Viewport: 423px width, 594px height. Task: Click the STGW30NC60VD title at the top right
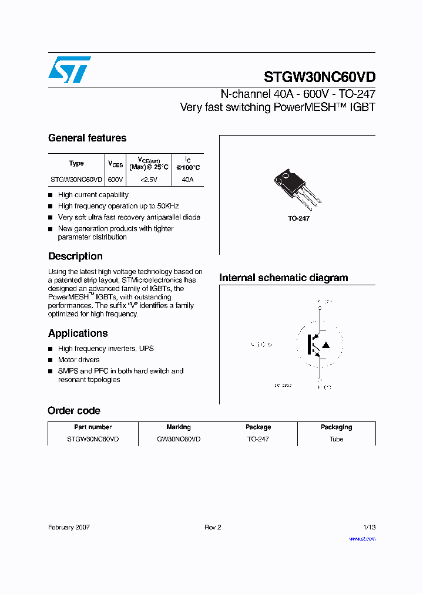[319, 77]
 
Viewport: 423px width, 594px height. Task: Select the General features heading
[87, 139]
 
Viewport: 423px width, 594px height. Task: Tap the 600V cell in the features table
[116, 180]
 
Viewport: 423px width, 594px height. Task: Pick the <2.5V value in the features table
[149, 180]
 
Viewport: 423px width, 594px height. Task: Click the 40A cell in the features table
[187, 180]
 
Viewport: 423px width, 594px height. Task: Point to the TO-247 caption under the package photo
[298, 218]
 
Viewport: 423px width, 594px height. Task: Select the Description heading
[75, 256]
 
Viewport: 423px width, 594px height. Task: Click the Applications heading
[78, 333]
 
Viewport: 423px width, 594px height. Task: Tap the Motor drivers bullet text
[79, 360]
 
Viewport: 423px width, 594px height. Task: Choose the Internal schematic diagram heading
[283, 278]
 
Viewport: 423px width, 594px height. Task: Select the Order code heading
[74, 411]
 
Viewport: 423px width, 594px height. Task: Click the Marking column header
[179, 427]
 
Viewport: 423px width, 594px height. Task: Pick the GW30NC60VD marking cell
[179, 439]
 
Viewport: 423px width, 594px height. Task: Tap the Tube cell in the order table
[336, 439]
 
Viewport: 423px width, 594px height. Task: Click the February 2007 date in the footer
[69, 528]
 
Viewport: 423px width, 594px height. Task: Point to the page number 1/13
[368, 528]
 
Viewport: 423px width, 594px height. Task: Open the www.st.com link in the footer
[362, 539]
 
